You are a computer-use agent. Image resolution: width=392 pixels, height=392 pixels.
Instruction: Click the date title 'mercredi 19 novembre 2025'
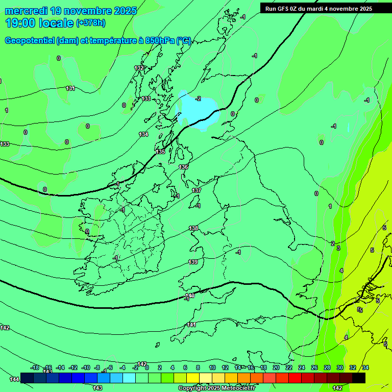pos(71,11)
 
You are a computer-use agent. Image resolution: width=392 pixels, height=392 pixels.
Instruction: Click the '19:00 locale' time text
pos(40,23)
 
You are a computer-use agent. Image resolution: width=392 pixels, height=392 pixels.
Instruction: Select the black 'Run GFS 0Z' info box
pos(318,8)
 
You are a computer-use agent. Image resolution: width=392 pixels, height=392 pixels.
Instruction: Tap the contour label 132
pos(139,68)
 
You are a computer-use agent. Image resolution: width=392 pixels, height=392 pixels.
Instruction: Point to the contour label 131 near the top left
pos(70,88)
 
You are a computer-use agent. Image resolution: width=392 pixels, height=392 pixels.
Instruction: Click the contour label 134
pos(143,134)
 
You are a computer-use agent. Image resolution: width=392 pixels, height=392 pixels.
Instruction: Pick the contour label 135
pos(160,152)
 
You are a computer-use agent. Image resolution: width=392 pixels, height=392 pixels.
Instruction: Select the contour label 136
pos(183,167)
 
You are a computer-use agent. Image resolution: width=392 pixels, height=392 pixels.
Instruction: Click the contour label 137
pos(197,190)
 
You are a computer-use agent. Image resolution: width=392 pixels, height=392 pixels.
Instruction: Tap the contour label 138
pos(193,228)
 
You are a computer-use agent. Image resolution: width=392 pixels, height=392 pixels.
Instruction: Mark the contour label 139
pos(193,262)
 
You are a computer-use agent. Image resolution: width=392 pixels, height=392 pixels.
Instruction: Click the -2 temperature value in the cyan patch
pos(198,99)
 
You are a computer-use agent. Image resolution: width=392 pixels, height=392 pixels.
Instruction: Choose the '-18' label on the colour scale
pos(35,367)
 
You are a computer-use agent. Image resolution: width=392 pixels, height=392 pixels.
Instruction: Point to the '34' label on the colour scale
pos(365,367)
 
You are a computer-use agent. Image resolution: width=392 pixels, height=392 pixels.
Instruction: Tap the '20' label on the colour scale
pos(276,367)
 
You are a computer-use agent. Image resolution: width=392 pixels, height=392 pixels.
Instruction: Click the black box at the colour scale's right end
pos(359,378)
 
